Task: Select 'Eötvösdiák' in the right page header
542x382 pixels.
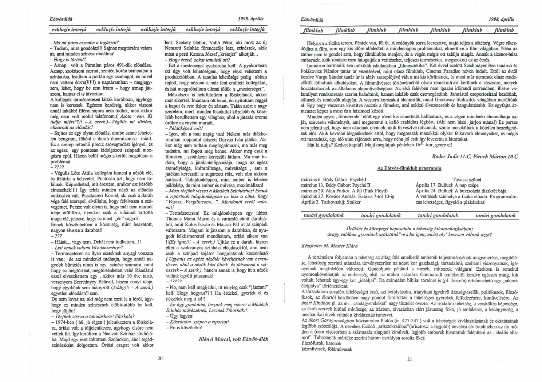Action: coord(312,19)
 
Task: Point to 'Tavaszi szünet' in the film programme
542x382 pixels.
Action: coord(467,180)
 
